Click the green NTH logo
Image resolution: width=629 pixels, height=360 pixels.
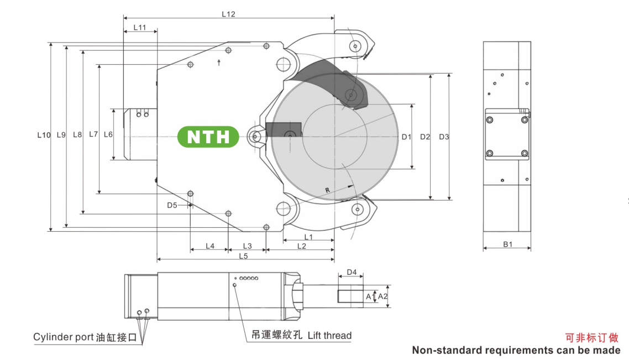click(208, 137)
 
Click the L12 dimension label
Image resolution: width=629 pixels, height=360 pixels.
click(228, 14)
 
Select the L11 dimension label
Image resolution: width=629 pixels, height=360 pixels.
click(139, 28)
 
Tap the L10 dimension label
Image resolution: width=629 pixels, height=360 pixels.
click(44, 135)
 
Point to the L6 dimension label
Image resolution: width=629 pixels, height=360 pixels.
click(108, 134)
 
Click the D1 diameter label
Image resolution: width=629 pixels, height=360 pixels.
click(406, 137)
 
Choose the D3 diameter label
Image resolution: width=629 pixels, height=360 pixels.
click(444, 137)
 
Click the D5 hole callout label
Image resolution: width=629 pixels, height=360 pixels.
click(172, 205)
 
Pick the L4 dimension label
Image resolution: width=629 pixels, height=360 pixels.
click(210, 246)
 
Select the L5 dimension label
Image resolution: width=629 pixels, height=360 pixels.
click(243, 255)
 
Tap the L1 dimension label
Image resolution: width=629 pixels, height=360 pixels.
click(308, 237)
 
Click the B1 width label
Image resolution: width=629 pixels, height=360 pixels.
click(507, 244)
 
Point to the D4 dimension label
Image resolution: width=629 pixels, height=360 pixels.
click(352, 273)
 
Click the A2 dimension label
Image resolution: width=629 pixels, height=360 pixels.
click(382, 296)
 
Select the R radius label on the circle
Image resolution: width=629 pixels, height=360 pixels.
click(327, 190)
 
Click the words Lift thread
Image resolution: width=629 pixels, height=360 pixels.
click(329, 335)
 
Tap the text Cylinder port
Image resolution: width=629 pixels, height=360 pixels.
click(63, 337)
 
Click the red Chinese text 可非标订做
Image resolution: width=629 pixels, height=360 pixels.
click(591, 337)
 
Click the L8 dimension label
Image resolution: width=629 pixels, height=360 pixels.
click(77, 135)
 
